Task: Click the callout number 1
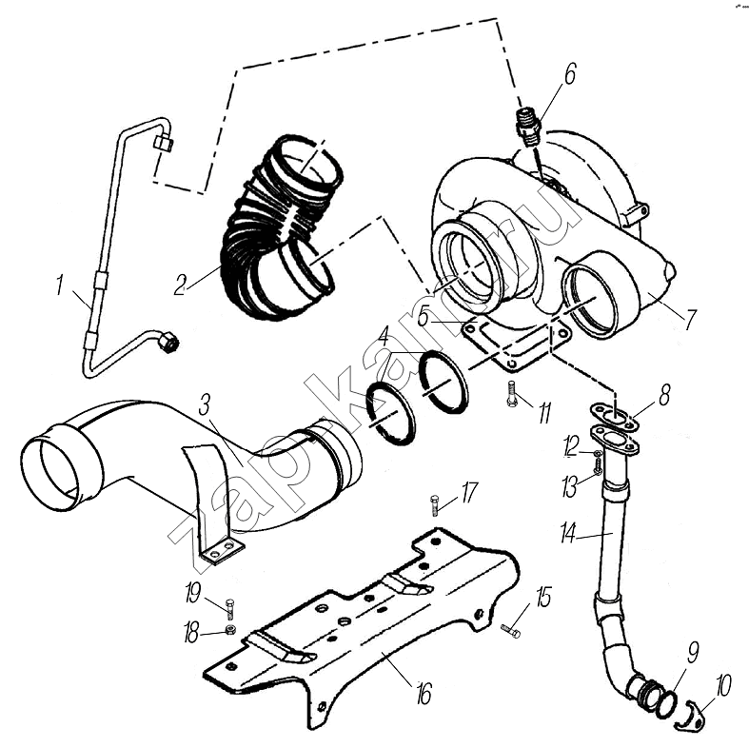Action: (x=60, y=285)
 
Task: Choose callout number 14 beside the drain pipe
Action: (x=568, y=534)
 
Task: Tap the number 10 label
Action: (x=723, y=683)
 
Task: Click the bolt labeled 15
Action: (x=511, y=628)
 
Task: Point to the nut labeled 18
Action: (x=230, y=630)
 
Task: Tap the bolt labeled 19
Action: (x=230, y=606)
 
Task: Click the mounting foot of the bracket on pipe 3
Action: (x=221, y=550)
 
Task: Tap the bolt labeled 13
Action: (x=597, y=466)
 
